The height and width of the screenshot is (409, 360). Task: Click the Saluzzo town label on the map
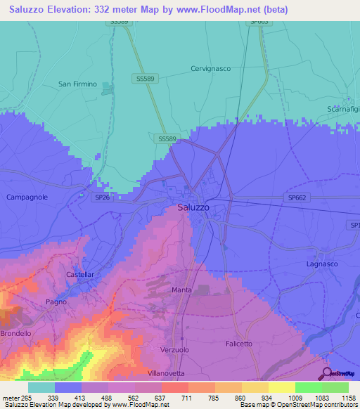(x=193, y=207)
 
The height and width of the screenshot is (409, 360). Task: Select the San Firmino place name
(x=77, y=84)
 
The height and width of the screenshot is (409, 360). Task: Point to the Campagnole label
(x=27, y=197)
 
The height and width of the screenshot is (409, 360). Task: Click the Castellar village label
(x=79, y=274)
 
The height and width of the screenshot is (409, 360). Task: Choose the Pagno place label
(x=56, y=301)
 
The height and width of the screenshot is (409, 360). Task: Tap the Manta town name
(x=181, y=290)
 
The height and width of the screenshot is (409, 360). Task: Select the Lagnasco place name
(x=323, y=264)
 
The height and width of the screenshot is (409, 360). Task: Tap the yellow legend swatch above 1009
(x=281, y=387)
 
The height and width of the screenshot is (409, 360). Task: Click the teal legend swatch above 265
(x=41, y=387)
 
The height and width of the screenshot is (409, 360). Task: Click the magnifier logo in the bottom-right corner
(x=326, y=373)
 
